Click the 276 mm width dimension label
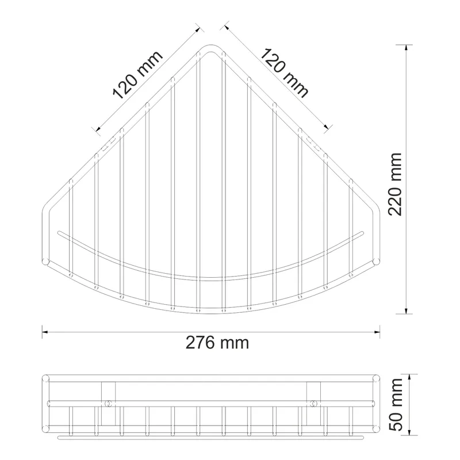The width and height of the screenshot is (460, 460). coord(217,342)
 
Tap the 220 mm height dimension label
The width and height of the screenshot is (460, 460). coord(395,184)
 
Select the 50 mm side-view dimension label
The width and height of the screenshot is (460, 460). coord(397,405)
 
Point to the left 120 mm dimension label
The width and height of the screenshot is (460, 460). coord(137,75)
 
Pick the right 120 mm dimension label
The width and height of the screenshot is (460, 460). coord(284,73)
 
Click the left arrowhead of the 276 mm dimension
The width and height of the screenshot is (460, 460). coord(45,332)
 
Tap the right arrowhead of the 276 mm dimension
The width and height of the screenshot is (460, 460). coord(377,332)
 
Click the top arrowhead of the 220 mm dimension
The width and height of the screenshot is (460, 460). coord(406,48)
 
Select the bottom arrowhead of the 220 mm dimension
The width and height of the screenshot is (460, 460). coord(406,310)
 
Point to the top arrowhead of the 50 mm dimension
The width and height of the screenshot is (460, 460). coord(410,377)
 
